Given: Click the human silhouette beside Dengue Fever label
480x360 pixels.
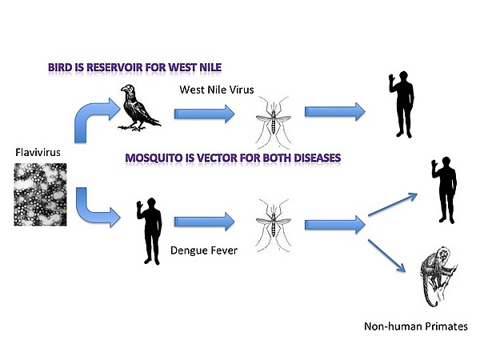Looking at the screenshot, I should click(149, 232).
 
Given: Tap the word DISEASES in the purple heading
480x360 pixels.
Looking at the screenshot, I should click(309, 158).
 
